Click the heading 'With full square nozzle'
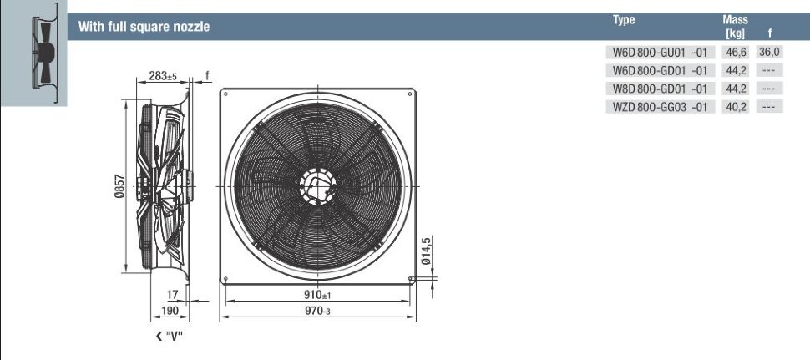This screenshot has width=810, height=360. [144, 27]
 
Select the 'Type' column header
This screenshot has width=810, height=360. [624, 20]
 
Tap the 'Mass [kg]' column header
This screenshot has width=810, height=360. [735, 27]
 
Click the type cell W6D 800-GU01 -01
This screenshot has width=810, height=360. [660, 52]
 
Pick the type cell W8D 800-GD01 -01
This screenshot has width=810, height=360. [660, 89]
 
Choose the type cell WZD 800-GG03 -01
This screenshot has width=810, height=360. [660, 107]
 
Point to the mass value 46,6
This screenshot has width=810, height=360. [736, 52]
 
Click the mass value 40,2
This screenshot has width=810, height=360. [736, 107]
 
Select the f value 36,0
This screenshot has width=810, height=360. [769, 52]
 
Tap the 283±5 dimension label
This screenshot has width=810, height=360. [163, 76]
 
